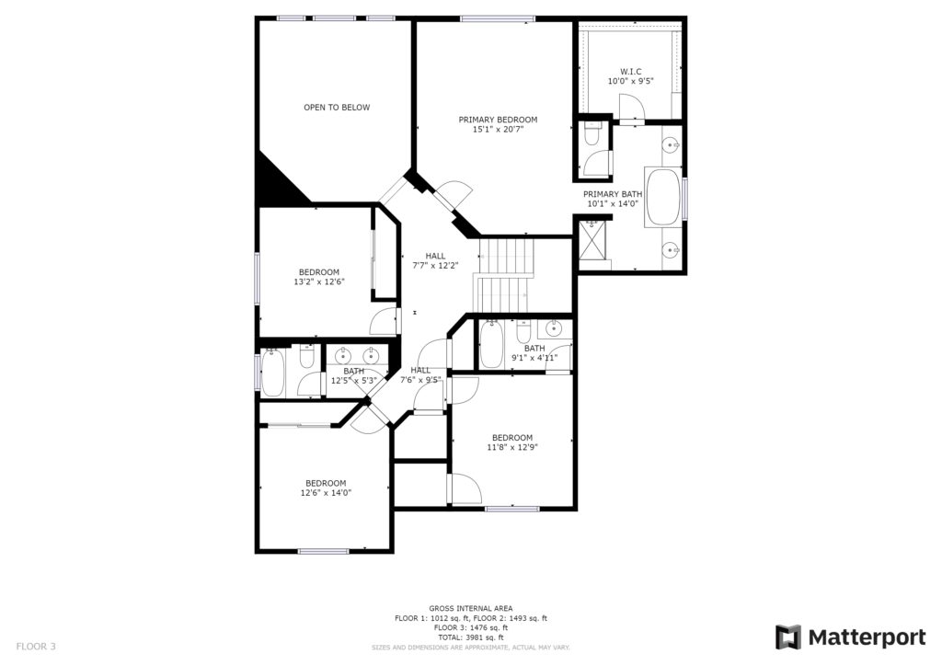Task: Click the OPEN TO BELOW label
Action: (337, 108)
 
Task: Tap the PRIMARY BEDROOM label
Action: (498, 120)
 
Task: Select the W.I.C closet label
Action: (631, 72)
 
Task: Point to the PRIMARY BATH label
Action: (613, 194)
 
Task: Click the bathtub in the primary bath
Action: (663, 198)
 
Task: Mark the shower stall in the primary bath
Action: (592, 240)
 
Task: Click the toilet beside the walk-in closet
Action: (592, 134)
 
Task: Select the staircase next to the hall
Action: (505, 275)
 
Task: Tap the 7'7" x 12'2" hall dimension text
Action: (435, 266)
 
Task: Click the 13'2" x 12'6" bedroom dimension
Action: (319, 281)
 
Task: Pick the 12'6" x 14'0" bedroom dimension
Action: (326, 493)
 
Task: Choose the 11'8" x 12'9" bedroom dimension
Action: (512, 447)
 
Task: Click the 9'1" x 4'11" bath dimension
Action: (534, 358)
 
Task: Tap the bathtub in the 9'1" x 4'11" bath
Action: (491, 344)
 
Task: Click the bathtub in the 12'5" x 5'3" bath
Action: (272, 373)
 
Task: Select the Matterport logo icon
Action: (787, 637)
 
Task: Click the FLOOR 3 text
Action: (36, 647)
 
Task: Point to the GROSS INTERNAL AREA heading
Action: (471, 608)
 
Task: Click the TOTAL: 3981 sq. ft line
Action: (471, 637)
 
